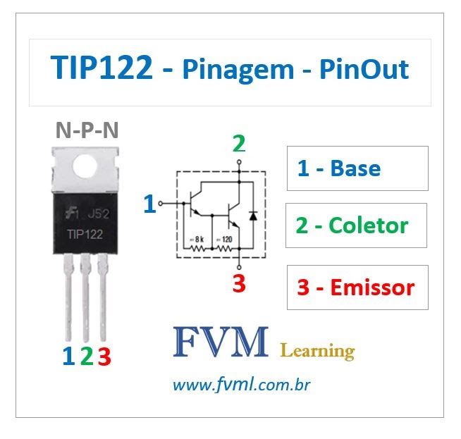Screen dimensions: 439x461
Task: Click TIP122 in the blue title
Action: click(102, 69)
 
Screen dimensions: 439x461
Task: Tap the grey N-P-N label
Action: click(87, 130)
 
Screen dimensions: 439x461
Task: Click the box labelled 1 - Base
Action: click(357, 168)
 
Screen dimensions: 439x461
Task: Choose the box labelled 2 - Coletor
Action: click(356, 225)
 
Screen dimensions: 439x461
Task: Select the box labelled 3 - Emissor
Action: click(357, 287)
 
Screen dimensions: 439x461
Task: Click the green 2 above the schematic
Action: click(239, 144)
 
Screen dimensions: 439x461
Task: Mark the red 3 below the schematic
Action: click(239, 285)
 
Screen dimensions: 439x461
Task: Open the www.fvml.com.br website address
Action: click(242, 385)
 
